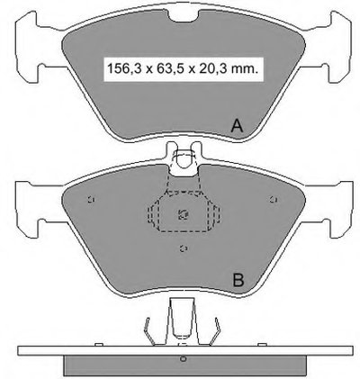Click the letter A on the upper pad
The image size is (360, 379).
click(237, 126)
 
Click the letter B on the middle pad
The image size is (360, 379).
click(238, 280)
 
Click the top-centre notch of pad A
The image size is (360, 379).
click(183, 15)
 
